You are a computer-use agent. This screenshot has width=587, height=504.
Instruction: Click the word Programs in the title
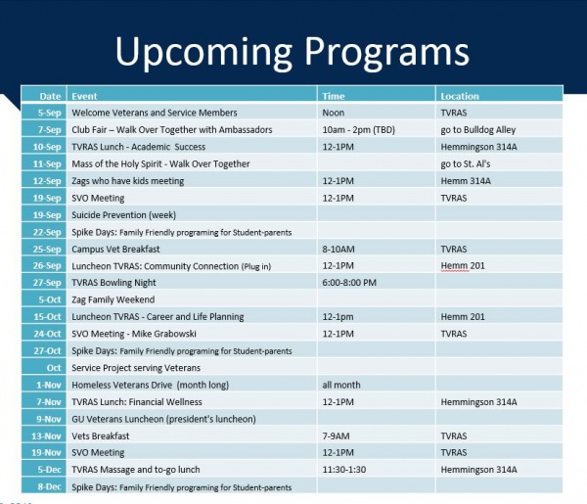pos(386,53)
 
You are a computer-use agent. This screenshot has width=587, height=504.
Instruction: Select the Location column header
pos(460,96)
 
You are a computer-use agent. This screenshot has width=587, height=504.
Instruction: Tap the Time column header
pos(334,96)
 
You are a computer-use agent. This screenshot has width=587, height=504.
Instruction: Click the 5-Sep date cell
pos(44,113)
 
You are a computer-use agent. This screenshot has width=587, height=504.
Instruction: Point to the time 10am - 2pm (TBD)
pos(358,130)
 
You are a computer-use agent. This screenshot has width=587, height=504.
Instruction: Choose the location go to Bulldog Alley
pos(478,130)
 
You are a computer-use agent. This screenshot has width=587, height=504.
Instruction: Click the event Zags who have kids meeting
pos(127,181)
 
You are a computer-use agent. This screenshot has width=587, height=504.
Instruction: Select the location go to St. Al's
pos(466,164)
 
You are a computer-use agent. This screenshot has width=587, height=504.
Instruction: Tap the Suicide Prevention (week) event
pos(123,215)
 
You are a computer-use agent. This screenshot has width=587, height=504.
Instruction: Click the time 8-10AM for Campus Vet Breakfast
pos(339,250)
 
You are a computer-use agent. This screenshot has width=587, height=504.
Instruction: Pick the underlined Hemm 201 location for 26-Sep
pos(463,266)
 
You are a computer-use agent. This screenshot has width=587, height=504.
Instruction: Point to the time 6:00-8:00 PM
pos(349,283)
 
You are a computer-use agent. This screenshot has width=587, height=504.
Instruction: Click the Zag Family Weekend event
pos(113,299)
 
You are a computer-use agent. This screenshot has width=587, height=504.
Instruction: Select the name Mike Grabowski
pos(164,334)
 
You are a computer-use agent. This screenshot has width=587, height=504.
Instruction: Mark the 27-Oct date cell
pos(44,350)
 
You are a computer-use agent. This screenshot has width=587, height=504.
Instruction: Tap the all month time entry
pos(341,385)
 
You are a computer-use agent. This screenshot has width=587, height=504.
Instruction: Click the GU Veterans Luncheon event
pos(163,419)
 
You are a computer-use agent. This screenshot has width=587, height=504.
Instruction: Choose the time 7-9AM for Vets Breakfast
pos(336,436)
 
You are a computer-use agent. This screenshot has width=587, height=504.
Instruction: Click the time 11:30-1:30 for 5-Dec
pos(343,470)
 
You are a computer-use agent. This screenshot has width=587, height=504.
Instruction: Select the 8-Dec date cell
pos(44,486)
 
